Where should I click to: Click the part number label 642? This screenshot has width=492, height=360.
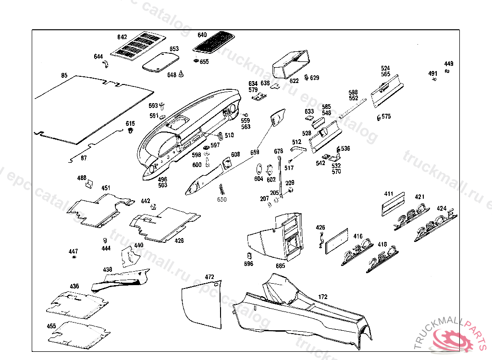(122, 37)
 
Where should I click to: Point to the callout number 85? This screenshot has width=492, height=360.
(64, 75)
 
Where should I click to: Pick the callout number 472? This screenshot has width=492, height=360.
(209, 277)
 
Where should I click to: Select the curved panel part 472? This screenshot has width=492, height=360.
(202, 302)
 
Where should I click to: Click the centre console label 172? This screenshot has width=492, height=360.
(323, 298)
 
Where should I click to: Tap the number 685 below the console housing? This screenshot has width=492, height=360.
(281, 265)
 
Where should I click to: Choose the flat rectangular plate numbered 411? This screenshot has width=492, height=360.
(393, 204)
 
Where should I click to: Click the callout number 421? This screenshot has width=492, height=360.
(420, 197)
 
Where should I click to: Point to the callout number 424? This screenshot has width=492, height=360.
(441, 209)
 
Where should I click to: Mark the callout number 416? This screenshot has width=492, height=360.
(358, 236)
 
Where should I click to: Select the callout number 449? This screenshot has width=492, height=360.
(448, 64)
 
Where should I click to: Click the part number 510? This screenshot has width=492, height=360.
(229, 135)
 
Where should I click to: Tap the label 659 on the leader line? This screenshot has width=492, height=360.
(255, 152)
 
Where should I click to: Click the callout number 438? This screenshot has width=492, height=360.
(107, 270)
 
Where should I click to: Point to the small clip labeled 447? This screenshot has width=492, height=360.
(74, 258)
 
